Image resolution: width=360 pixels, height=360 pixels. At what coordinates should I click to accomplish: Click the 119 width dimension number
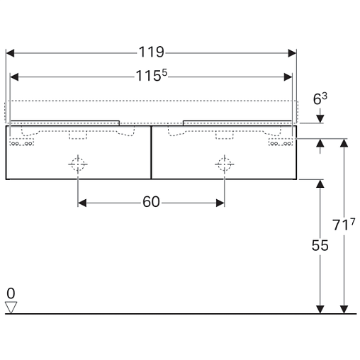(x=151, y=52)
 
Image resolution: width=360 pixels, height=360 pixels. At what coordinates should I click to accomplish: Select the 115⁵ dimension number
(x=151, y=76)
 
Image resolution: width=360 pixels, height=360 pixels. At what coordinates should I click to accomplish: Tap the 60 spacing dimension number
(x=151, y=202)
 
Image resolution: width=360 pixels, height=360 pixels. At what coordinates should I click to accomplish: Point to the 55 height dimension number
(x=320, y=245)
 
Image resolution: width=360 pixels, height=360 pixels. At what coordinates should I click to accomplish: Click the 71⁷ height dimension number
(x=344, y=224)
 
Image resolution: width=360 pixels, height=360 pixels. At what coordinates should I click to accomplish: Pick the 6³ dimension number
(x=320, y=99)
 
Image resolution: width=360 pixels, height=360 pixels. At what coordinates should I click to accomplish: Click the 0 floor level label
(x=11, y=293)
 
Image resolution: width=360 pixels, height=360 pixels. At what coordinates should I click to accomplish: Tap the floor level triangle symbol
(x=11, y=308)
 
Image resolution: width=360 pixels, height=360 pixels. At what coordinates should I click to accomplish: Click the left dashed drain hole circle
(x=78, y=164)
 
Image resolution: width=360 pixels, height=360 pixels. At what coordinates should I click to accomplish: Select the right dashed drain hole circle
(x=225, y=164)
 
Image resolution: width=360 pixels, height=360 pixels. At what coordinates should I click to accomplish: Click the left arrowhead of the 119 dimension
(x=10, y=53)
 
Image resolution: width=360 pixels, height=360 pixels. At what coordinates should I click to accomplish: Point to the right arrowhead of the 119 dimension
(x=292, y=53)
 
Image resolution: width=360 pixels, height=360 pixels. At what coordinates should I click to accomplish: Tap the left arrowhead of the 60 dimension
(x=82, y=203)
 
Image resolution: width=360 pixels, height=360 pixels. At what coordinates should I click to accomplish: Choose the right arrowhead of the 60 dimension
(x=220, y=203)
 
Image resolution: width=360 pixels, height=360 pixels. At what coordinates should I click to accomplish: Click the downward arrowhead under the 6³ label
(x=320, y=119)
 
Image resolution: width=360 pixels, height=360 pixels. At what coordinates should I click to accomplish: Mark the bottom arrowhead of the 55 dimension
(x=320, y=310)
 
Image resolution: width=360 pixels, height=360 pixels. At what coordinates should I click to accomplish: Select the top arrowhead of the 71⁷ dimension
(x=344, y=143)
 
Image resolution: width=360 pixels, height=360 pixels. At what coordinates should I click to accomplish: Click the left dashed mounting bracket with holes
(x=22, y=142)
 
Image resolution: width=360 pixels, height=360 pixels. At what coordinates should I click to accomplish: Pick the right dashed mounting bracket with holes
(x=281, y=142)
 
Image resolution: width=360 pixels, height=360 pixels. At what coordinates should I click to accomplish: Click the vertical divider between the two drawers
(x=151, y=152)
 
